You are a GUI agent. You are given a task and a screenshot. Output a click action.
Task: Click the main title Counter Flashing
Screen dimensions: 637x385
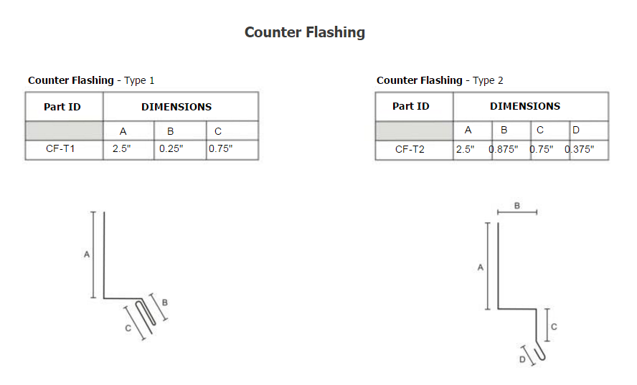click(305, 32)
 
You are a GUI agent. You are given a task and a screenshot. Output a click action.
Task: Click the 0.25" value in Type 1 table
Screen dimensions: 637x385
click(171, 148)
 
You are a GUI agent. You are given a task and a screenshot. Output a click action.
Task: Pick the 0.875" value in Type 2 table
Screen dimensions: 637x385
click(504, 149)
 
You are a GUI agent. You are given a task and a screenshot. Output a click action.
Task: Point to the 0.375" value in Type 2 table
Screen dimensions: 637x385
click(580, 149)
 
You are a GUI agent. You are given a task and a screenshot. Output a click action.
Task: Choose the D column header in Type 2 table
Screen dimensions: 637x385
click(575, 130)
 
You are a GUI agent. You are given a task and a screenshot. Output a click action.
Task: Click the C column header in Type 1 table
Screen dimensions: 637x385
click(218, 131)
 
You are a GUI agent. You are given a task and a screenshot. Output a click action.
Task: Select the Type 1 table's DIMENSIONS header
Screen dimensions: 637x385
click(176, 107)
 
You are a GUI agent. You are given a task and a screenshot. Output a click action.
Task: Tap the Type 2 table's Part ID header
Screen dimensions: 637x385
click(411, 106)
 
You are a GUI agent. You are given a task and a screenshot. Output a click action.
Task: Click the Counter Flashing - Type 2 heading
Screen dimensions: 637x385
click(440, 80)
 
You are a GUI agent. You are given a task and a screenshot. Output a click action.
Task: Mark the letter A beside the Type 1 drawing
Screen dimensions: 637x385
click(87, 255)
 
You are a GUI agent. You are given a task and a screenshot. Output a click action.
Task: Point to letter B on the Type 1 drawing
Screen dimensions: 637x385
click(165, 302)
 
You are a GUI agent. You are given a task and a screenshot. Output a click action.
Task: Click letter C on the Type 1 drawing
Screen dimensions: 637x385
click(128, 328)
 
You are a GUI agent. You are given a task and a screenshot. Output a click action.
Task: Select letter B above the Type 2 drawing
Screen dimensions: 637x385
click(517, 206)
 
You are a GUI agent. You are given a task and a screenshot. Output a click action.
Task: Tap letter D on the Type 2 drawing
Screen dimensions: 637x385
click(522, 359)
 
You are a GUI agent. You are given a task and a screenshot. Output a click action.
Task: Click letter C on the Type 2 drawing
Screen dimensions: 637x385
click(554, 326)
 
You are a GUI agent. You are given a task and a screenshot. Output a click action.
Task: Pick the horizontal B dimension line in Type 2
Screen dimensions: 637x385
click(517, 212)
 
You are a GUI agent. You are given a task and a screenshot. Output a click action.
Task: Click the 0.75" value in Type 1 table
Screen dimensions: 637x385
click(221, 148)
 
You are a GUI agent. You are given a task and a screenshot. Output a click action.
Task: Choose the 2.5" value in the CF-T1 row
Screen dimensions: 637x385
click(121, 148)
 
